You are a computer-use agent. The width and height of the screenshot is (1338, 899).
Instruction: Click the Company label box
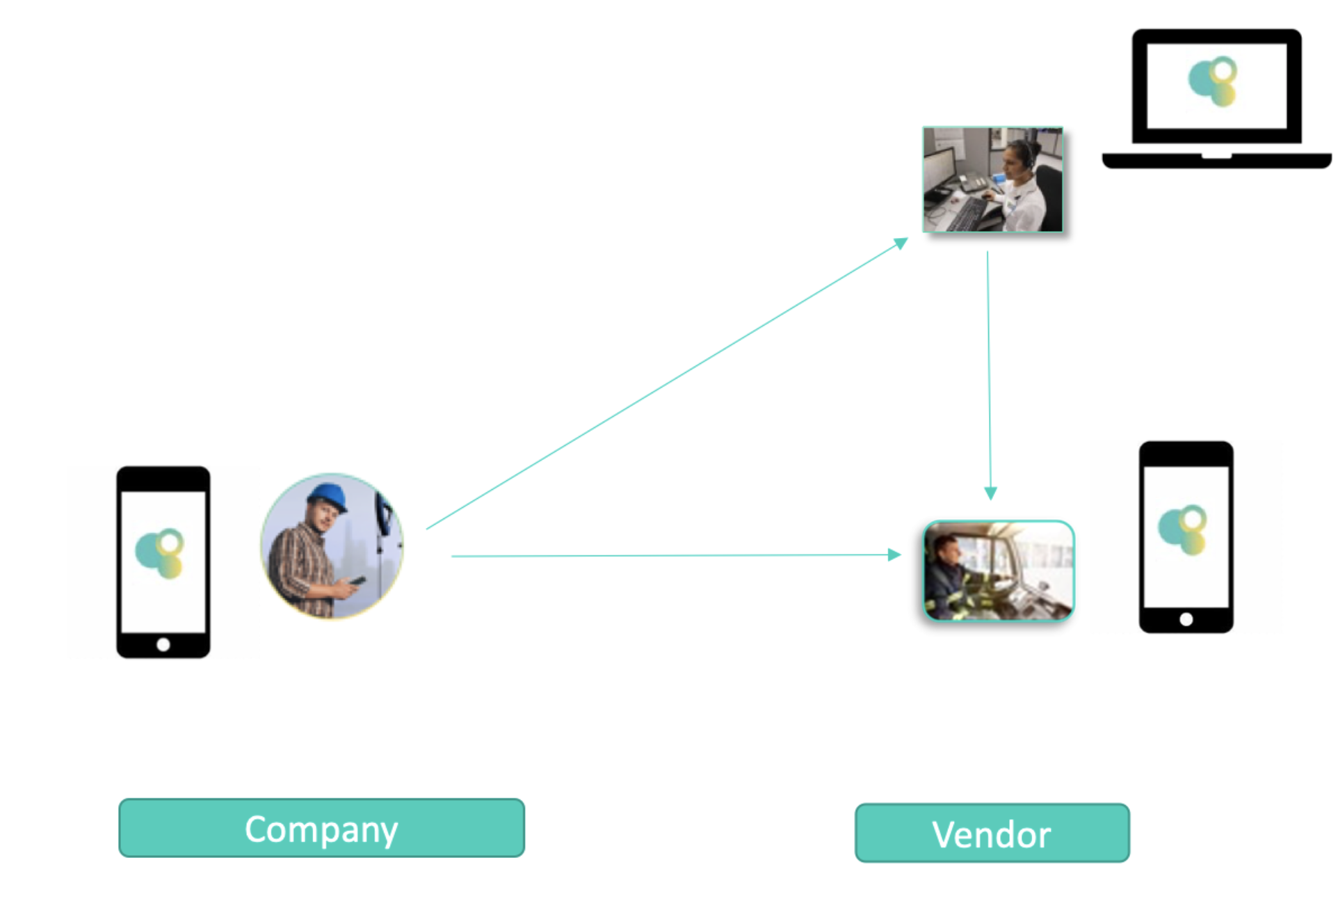tap(321, 828)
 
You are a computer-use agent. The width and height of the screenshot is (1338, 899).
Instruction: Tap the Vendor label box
tap(992, 834)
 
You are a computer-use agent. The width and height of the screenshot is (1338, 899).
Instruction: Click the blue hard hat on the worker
tap(328, 497)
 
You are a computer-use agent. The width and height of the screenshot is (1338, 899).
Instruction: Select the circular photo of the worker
tap(332, 546)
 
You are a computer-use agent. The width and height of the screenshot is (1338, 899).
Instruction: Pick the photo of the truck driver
tap(998, 571)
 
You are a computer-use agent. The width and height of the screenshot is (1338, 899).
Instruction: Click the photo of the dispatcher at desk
tap(992, 180)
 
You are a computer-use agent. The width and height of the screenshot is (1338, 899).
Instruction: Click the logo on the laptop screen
tap(1214, 81)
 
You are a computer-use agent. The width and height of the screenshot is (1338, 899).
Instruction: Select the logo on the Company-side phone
tap(160, 553)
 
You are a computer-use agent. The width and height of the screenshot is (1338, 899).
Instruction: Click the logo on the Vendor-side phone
tap(1183, 530)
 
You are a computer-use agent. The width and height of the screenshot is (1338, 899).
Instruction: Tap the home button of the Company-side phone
tap(163, 644)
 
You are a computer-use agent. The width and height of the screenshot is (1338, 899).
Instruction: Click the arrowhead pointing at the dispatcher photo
tap(901, 243)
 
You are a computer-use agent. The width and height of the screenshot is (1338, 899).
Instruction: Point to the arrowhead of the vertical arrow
tap(990, 493)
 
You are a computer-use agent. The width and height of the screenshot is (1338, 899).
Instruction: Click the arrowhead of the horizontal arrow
tap(895, 555)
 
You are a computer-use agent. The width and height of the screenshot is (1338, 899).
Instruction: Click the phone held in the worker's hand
tap(358, 580)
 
